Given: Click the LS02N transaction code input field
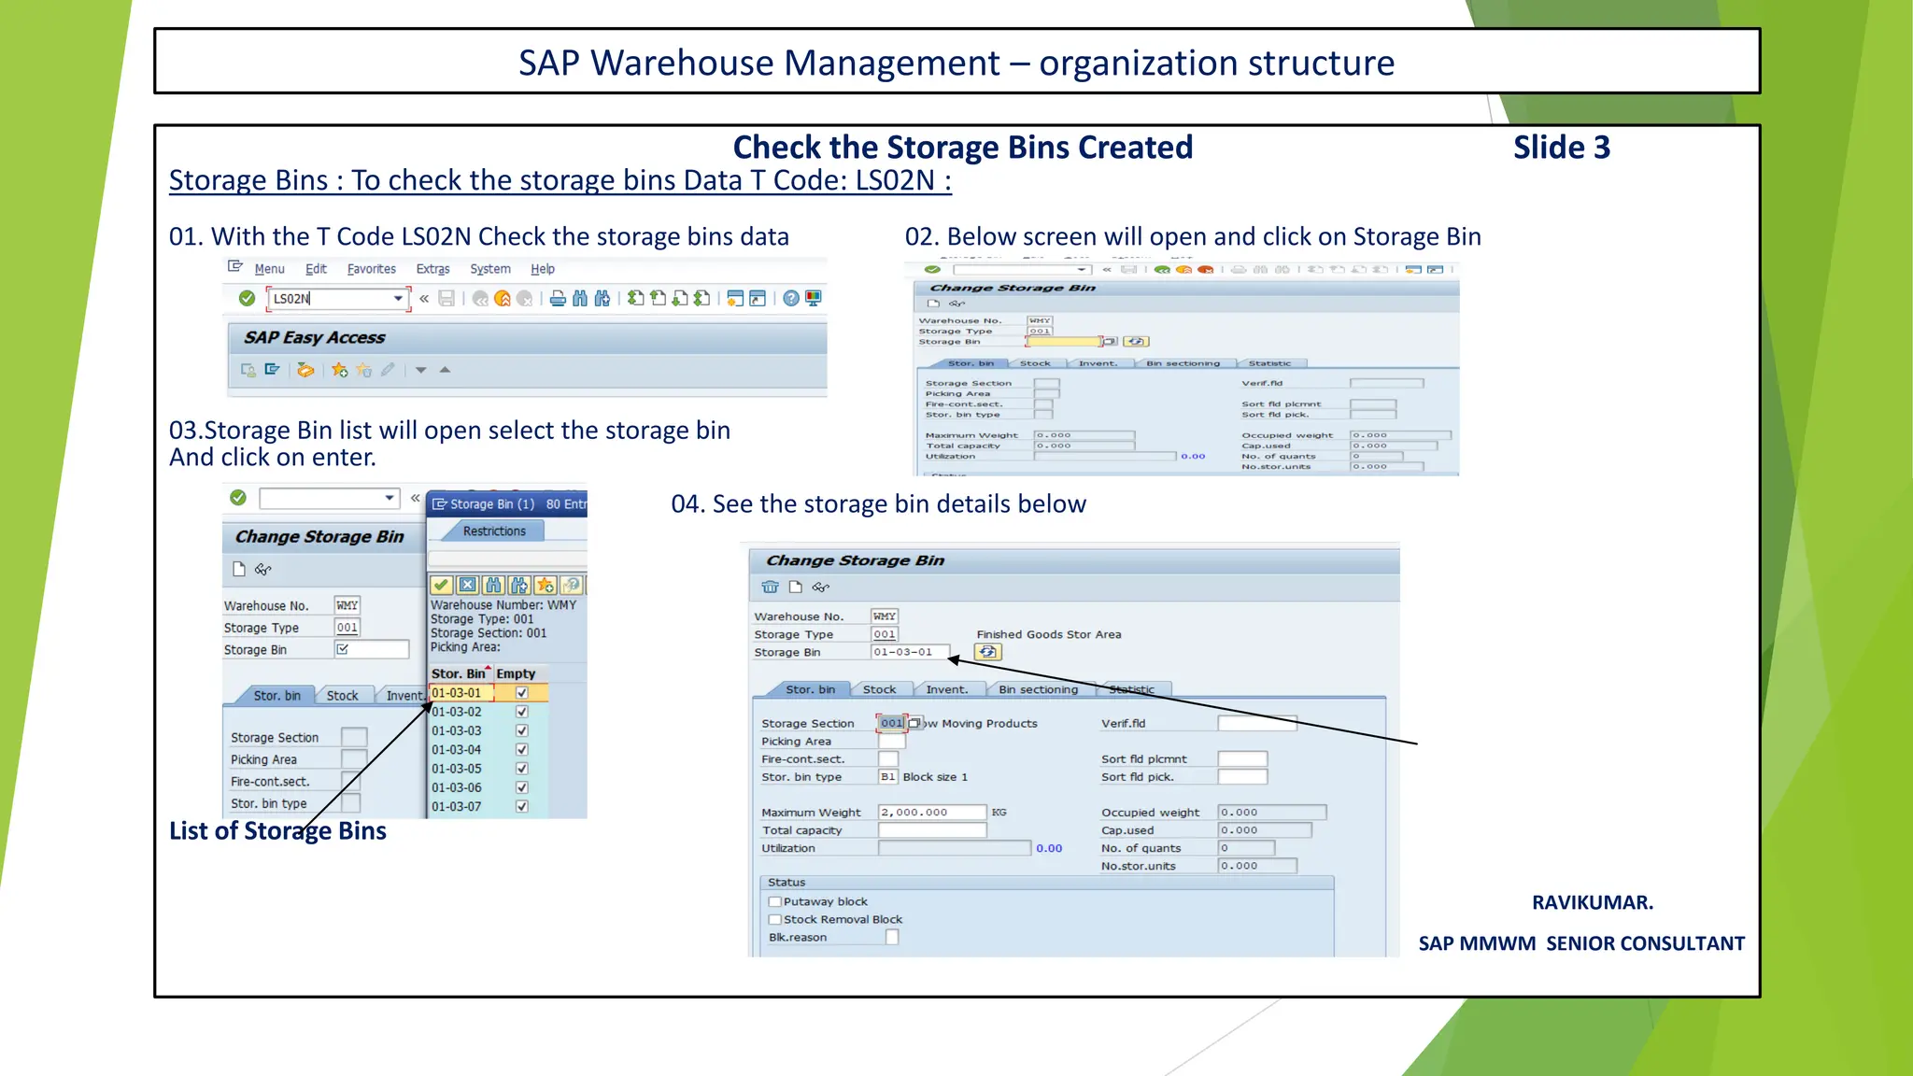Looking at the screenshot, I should pyautogui.click(x=332, y=299).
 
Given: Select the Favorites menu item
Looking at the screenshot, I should pyautogui.click(x=371, y=269).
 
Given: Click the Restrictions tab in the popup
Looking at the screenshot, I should pyautogui.click(x=494, y=531).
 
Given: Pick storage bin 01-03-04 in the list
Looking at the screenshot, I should pyautogui.click(x=457, y=750).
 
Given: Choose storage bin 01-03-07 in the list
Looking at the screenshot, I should pyautogui.click(x=457, y=807).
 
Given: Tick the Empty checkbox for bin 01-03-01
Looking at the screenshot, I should pyautogui.click(x=522, y=693).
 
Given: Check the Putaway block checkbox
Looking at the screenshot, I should pyautogui.click(x=775, y=902).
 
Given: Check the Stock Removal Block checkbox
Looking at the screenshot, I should pyautogui.click(x=775, y=920).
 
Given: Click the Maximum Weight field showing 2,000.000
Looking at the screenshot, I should pyautogui.click(x=931, y=813).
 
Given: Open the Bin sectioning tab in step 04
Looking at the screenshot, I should pyautogui.click(x=1038, y=690).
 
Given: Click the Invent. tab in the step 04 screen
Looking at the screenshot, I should pyautogui.click(x=946, y=690).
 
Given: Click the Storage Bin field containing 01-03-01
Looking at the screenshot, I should pyautogui.click(x=909, y=652).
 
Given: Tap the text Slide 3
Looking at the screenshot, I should pyautogui.click(x=1562, y=148).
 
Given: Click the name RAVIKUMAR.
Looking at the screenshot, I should pyautogui.click(x=1592, y=902).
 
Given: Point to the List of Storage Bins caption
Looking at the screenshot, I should pyautogui.click(x=277, y=831).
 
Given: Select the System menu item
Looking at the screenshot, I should pyautogui.click(x=489, y=269).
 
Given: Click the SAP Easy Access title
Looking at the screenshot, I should pyautogui.click(x=314, y=338).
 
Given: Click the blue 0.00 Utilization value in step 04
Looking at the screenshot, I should pyautogui.click(x=1049, y=848).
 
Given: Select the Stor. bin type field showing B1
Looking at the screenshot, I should pyautogui.click(x=887, y=777).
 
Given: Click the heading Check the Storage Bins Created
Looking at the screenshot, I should pyautogui.click(x=962, y=148).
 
